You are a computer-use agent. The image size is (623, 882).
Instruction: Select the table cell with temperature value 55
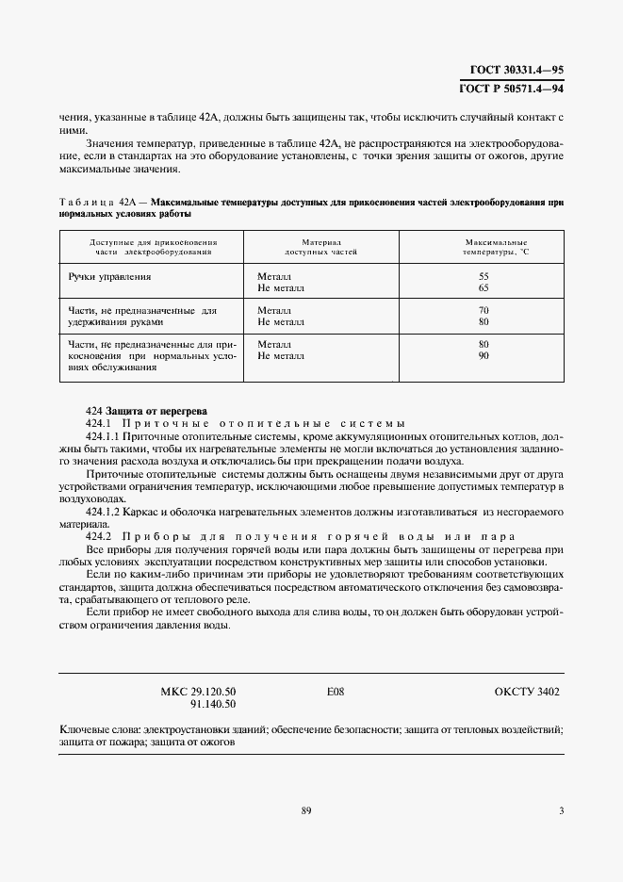(484, 276)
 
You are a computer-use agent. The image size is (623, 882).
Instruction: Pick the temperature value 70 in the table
(484, 310)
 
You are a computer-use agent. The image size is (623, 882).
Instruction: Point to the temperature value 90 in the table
(484, 356)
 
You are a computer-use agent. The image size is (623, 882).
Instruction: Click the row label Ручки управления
(109, 277)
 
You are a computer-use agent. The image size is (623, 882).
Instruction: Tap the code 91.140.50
(213, 704)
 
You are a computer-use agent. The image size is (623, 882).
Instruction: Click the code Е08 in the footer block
(336, 692)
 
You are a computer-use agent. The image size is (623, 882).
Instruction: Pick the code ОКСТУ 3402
(527, 692)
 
